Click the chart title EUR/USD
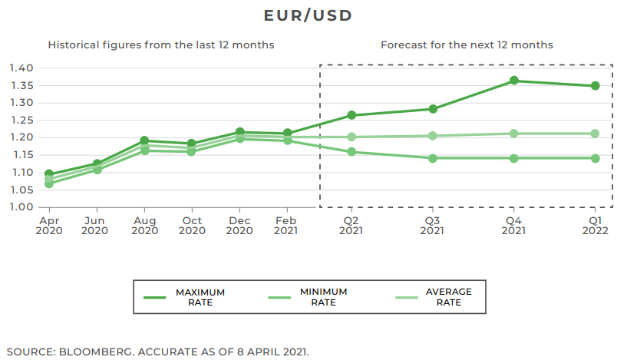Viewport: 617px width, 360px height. pyautogui.click(x=308, y=15)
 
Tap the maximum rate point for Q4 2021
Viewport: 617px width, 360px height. pyautogui.click(x=513, y=81)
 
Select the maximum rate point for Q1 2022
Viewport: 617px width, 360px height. pyautogui.click(x=595, y=86)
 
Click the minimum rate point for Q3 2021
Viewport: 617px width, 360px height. pyautogui.click(x=433, y=158)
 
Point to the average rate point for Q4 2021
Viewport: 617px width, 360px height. pyautogui.click(x=513, y=134)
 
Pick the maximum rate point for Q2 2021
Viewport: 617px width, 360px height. pyautogui.click(x=351, y=115)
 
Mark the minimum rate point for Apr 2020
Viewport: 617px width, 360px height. pyautogui.click(x=49, y=183)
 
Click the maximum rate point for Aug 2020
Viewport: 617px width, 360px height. pyautogui.click(x=144, y=141)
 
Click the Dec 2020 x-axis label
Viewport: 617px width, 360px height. pyautogui.click(x=239, y=225)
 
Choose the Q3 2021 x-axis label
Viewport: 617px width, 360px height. pyautogui.click(x=433, y=225)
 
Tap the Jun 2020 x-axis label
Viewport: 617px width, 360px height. pyautogui.click(x=95, y=225)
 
